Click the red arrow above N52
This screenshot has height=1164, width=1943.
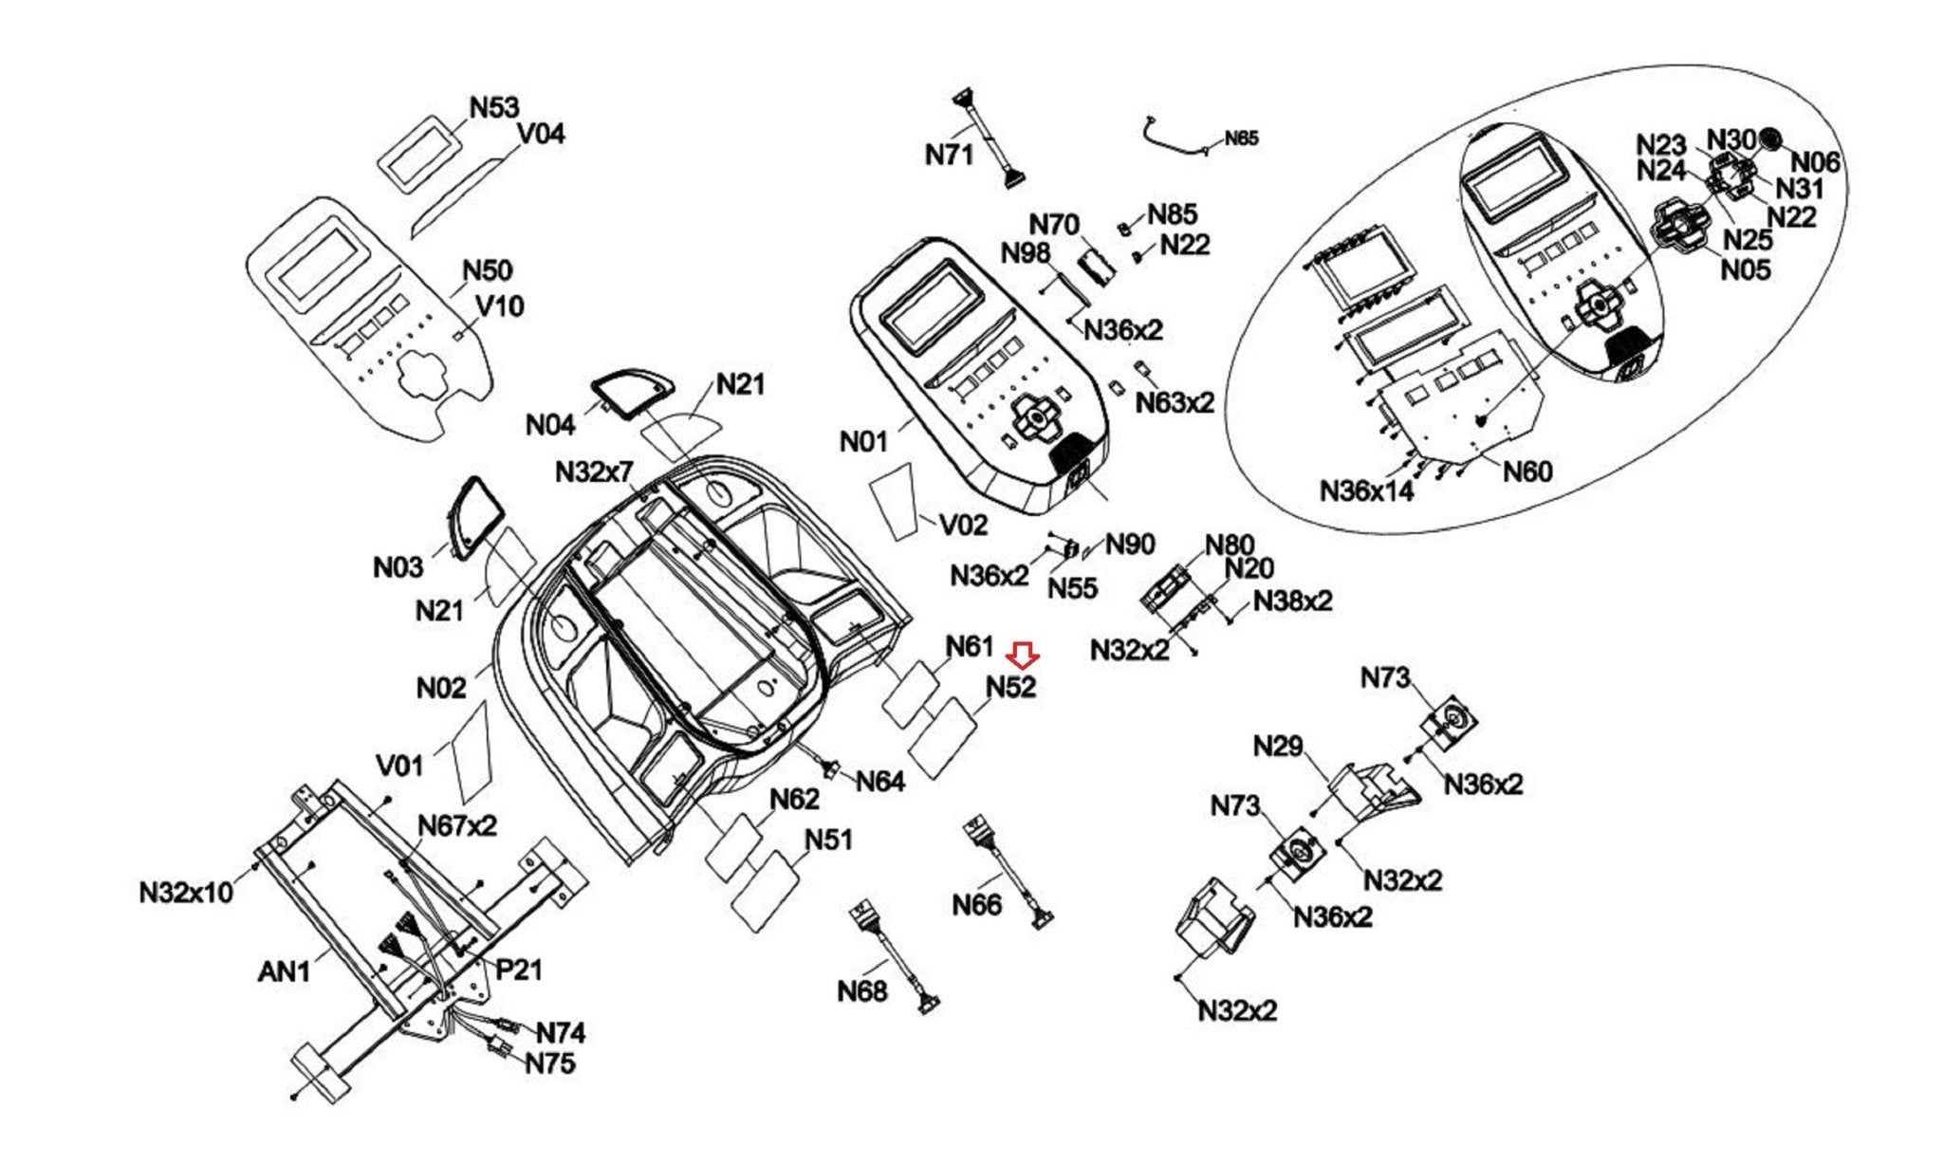1023,655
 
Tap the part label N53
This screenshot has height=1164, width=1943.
494,107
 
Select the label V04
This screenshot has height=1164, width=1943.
541,134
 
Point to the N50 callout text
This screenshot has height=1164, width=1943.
487,270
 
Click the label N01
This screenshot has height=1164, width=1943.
863,441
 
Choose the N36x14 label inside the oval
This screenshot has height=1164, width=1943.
1366,490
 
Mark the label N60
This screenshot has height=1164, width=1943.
1527,471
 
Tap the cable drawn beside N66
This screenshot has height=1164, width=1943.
1009,873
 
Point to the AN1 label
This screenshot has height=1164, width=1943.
284,971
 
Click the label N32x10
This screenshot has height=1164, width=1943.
186,893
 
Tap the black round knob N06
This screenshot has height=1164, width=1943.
1769,139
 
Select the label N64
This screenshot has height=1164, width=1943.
879,782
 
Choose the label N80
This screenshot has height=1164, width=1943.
1230,545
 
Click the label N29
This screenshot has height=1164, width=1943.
1278,747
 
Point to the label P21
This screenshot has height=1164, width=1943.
519,970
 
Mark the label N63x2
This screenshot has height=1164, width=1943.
1175,402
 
